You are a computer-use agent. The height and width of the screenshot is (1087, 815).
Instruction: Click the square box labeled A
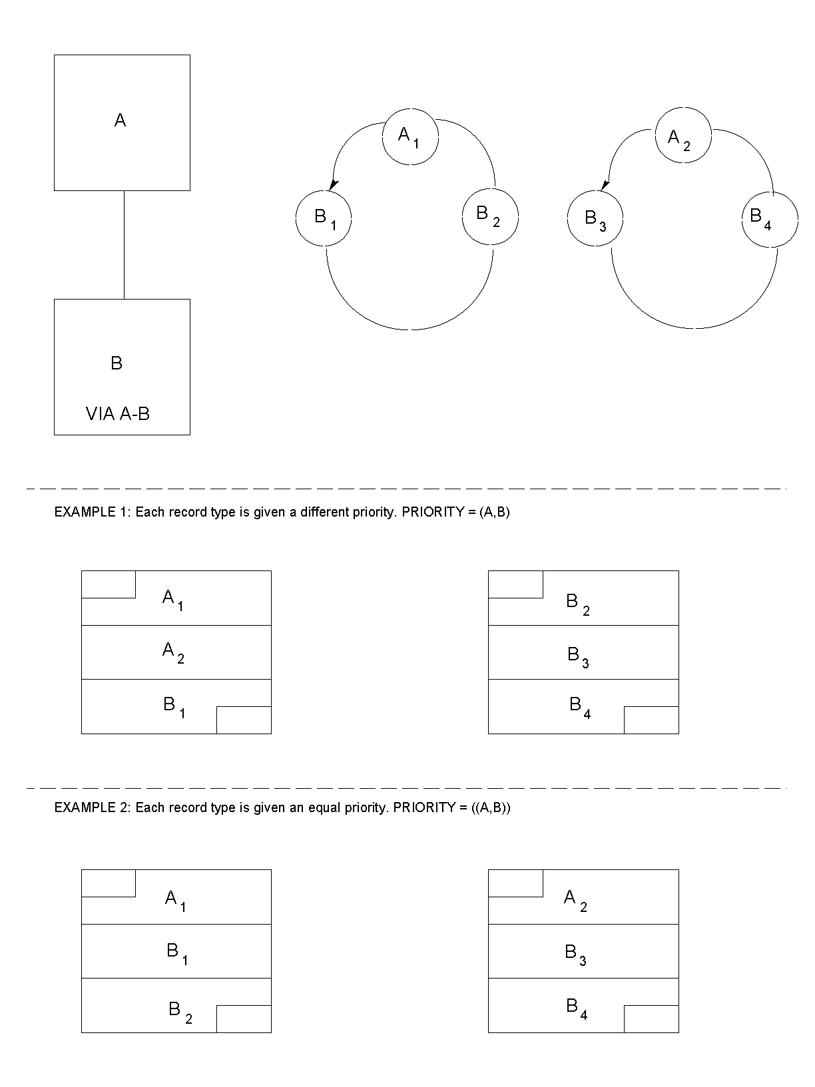[122, 122]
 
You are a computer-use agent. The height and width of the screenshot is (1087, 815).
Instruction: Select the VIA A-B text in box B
[118, 414]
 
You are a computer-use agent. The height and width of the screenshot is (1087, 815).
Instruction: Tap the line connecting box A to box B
[124, 244]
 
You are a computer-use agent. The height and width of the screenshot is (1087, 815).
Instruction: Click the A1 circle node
[410, 136]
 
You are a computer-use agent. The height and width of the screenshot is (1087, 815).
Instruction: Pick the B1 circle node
[324, 218]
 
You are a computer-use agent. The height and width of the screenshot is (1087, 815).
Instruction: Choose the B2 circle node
[490, 216]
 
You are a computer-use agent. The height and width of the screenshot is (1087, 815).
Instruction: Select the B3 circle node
[595, 218]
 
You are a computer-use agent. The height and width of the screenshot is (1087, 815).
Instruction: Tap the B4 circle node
[770, 218]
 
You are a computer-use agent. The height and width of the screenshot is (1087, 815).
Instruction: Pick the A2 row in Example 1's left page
[176, 652]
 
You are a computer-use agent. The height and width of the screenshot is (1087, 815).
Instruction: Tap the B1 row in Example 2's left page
[176, 951]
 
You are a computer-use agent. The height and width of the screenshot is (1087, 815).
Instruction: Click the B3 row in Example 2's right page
[583, 951]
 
